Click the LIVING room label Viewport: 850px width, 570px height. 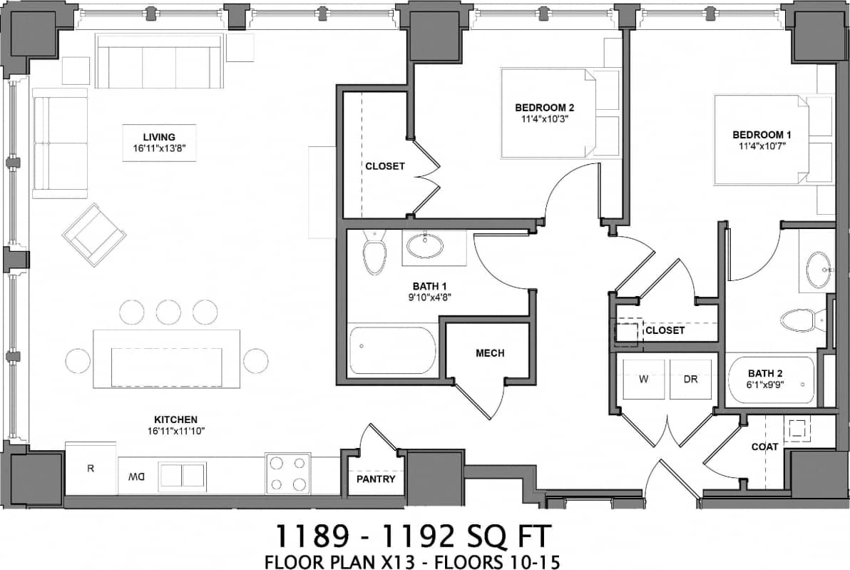pyautogui.click(x=159, y=137)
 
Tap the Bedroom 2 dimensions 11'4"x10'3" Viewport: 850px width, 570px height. pyautogui.click(x=544, y=119)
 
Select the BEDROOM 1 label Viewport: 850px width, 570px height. pyautogui.click(x=762, y=134)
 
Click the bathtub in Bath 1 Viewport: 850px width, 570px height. pyautogui.click(x=392, y=351)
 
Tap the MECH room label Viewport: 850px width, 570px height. pyautogui.click(x=490, y=353)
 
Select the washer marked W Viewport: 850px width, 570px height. pyautogui.click(x=643, y=379)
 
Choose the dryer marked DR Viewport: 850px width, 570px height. pyautogui.click(x=690, y=379)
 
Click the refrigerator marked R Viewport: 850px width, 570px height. pyautogui.click(x=91, y=468)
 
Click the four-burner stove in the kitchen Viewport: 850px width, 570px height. pyautogui.click(x=288, y=474)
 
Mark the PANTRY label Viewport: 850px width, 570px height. pyautogui.click(x=376, y=479)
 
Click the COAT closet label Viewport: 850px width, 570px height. pyautogui.click(x=764, y=447)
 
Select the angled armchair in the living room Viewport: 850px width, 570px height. pyautogui.click(x=94, y=235)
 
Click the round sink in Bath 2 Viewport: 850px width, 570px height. pyautogui.click(x=819, y=270)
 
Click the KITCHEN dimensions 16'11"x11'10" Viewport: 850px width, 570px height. pyautogui.click(x=175, y=431)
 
